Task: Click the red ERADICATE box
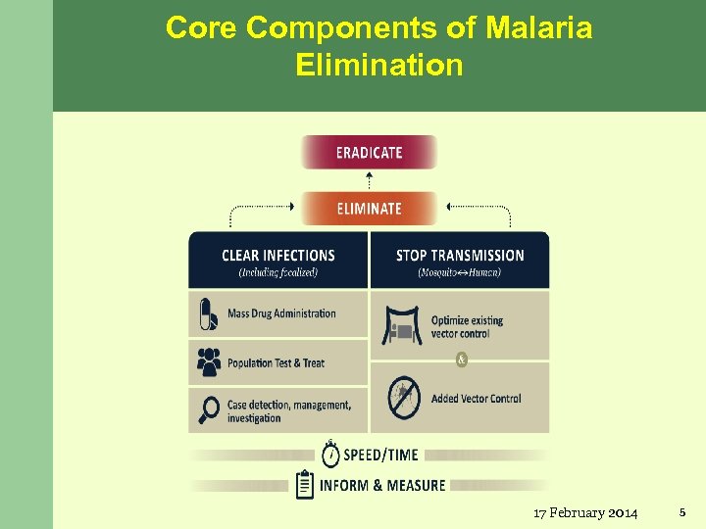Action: (369, 152)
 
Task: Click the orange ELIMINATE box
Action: (369, 208)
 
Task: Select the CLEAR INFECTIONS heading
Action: (277, 256)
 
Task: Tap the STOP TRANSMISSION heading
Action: (460, 256)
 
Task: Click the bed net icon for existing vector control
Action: (401, 327)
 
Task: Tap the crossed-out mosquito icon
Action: (403, 398)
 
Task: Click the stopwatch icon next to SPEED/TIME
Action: (330, 454)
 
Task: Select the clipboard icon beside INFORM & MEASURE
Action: (305, 484)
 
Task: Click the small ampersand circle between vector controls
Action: (462, 360)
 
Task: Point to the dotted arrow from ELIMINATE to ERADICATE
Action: (369, 180)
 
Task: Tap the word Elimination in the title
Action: (378, 66)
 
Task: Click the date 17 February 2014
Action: (585, 512)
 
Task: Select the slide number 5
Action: (682, 511)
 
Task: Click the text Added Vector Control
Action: (476, 399)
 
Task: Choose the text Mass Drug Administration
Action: (281, 314)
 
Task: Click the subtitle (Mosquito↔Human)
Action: (459, 272)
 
